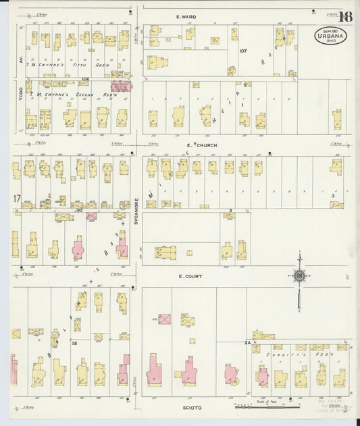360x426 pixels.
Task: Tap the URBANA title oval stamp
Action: [327, 36]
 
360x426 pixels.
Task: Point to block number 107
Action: [243, 51]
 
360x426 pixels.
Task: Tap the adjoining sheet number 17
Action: [16, 198]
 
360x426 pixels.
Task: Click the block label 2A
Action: [247, 343]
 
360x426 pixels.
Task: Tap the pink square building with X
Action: [164, 319]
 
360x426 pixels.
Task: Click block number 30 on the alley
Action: [79, 210]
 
